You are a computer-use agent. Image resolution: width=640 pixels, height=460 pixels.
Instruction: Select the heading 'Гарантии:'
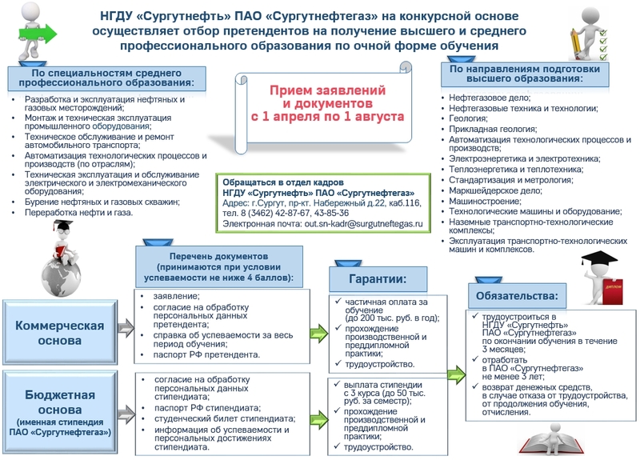tap(377, 278)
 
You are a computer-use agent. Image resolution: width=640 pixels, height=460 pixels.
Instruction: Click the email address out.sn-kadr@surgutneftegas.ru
tap(362, 225)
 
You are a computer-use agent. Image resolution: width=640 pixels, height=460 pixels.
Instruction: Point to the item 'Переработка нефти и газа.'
tap(78, 213)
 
